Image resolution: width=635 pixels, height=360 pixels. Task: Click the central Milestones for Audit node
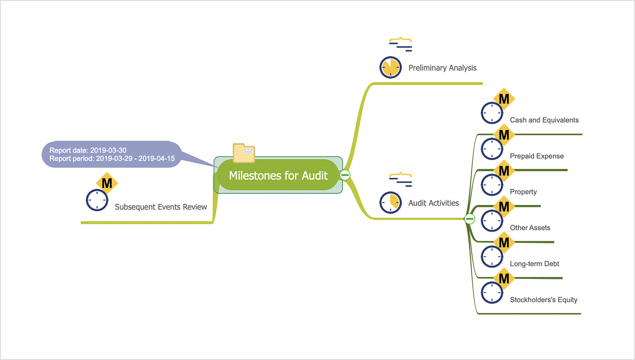[278, 176]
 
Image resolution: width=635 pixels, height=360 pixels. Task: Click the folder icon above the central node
[244, 153]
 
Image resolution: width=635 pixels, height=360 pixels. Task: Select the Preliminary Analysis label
[442, 68]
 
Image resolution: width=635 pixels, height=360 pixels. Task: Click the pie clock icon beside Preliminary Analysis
[390, 67]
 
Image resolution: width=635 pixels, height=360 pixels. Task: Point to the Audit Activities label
[433, 203]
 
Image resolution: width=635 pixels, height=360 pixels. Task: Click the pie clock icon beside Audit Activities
[390, 202]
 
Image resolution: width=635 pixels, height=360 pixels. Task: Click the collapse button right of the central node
[345, 175]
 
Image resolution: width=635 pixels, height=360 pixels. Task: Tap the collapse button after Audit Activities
[470, 219]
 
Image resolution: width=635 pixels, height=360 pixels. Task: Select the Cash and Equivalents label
[544, 120]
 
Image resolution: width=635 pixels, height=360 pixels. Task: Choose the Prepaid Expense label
[537, 156]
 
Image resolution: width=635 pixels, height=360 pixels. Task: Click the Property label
[523, 192]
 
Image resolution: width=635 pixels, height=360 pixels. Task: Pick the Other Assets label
[530, 228]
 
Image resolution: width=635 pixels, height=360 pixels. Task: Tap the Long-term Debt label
[535, 264]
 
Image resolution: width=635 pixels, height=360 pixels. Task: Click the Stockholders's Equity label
[544, 300]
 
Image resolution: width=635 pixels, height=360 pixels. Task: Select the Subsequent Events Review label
[161, 207]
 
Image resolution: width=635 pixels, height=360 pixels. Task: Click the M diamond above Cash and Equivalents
[504, 99]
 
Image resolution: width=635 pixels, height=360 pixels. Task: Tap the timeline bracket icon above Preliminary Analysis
[400, 45]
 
